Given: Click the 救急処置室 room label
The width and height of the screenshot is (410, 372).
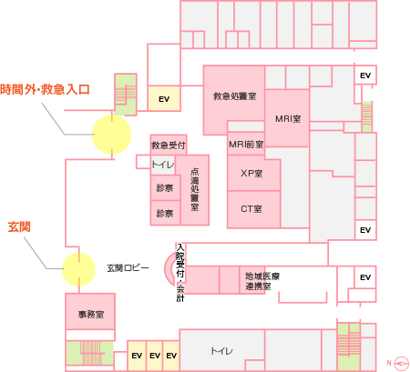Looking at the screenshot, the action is coord(234,96).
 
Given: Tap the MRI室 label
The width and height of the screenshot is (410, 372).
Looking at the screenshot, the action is coord(288,119).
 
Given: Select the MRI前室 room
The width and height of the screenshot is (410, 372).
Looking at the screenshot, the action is coord(246,145).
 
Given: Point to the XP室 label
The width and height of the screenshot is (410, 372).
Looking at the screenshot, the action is coord(251,174).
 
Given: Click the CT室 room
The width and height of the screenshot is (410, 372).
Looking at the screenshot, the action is coord(251,209).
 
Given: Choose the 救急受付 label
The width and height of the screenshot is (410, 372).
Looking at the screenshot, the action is coord(169,146).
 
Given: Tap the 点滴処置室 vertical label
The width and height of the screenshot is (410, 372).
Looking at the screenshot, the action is coord(195,189).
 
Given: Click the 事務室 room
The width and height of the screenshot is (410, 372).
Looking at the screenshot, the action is coord(91,315).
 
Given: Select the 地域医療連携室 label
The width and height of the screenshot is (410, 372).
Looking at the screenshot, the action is coord(262,281).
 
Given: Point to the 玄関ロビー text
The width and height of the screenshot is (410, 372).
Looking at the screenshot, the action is coord(128,268).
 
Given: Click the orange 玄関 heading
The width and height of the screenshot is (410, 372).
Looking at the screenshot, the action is coord(19,226).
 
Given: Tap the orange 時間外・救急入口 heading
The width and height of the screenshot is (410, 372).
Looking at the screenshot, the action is coord(45,90).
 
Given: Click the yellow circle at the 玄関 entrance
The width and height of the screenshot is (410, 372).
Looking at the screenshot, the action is coord(78,269).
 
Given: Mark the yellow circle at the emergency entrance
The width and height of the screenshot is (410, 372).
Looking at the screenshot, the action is coord(112,135).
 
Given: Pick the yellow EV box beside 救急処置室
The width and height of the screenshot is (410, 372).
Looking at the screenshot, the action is coord(164,98).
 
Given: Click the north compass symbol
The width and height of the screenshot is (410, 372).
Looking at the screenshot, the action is coord(401,363).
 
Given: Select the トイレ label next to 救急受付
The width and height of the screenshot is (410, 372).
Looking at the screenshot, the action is coord(163,165).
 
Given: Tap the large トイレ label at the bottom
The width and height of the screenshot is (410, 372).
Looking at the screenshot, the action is coord(222,351).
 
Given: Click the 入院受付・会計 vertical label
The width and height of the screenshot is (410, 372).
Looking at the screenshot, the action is coord(180,273).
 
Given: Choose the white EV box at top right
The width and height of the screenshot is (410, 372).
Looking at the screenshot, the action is coord(365,75).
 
